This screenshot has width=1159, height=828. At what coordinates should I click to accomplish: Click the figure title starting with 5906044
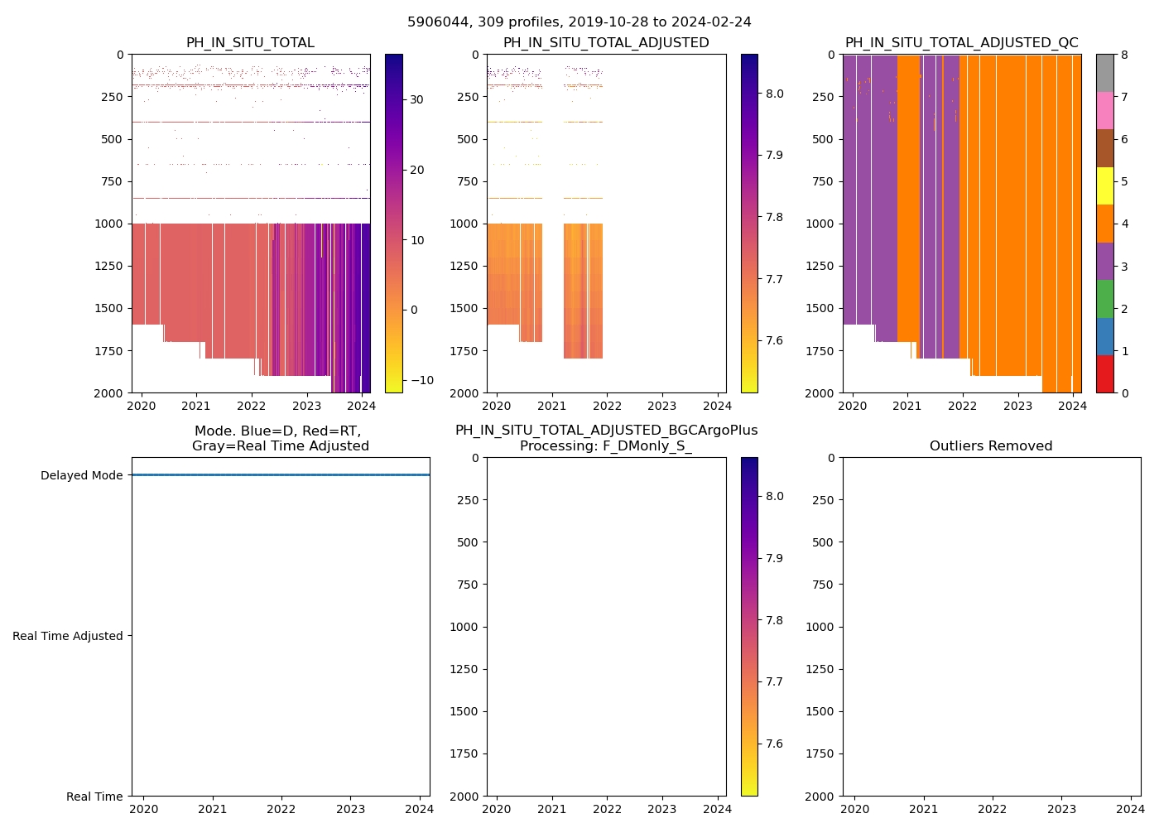[579, 22]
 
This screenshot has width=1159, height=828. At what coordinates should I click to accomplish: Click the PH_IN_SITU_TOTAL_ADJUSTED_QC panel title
[961, 43]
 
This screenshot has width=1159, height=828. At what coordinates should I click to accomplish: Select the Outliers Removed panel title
[990, 446]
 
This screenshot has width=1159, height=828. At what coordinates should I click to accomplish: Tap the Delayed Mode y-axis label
[81, 475]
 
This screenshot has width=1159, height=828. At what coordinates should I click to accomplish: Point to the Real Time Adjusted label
[68, 636]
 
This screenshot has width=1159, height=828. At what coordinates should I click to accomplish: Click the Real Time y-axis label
[94, 797]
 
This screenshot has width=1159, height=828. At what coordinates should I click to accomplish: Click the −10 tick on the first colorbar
[421, 381]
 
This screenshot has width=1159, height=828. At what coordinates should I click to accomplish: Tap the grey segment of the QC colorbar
[1104, 73]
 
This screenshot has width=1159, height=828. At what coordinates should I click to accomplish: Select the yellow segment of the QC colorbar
[1104, 185]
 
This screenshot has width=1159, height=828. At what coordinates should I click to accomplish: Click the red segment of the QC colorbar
[1104, 374]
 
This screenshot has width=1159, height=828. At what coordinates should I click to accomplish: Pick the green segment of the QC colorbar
[1104, 299]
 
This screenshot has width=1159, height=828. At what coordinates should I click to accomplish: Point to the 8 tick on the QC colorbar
[1123, 55]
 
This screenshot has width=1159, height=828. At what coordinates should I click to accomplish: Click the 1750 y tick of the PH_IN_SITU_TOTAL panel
[110, 351]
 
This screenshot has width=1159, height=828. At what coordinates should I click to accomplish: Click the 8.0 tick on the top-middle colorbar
[774, 94]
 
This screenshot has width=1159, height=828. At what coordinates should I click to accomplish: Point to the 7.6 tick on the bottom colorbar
[774, 744]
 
